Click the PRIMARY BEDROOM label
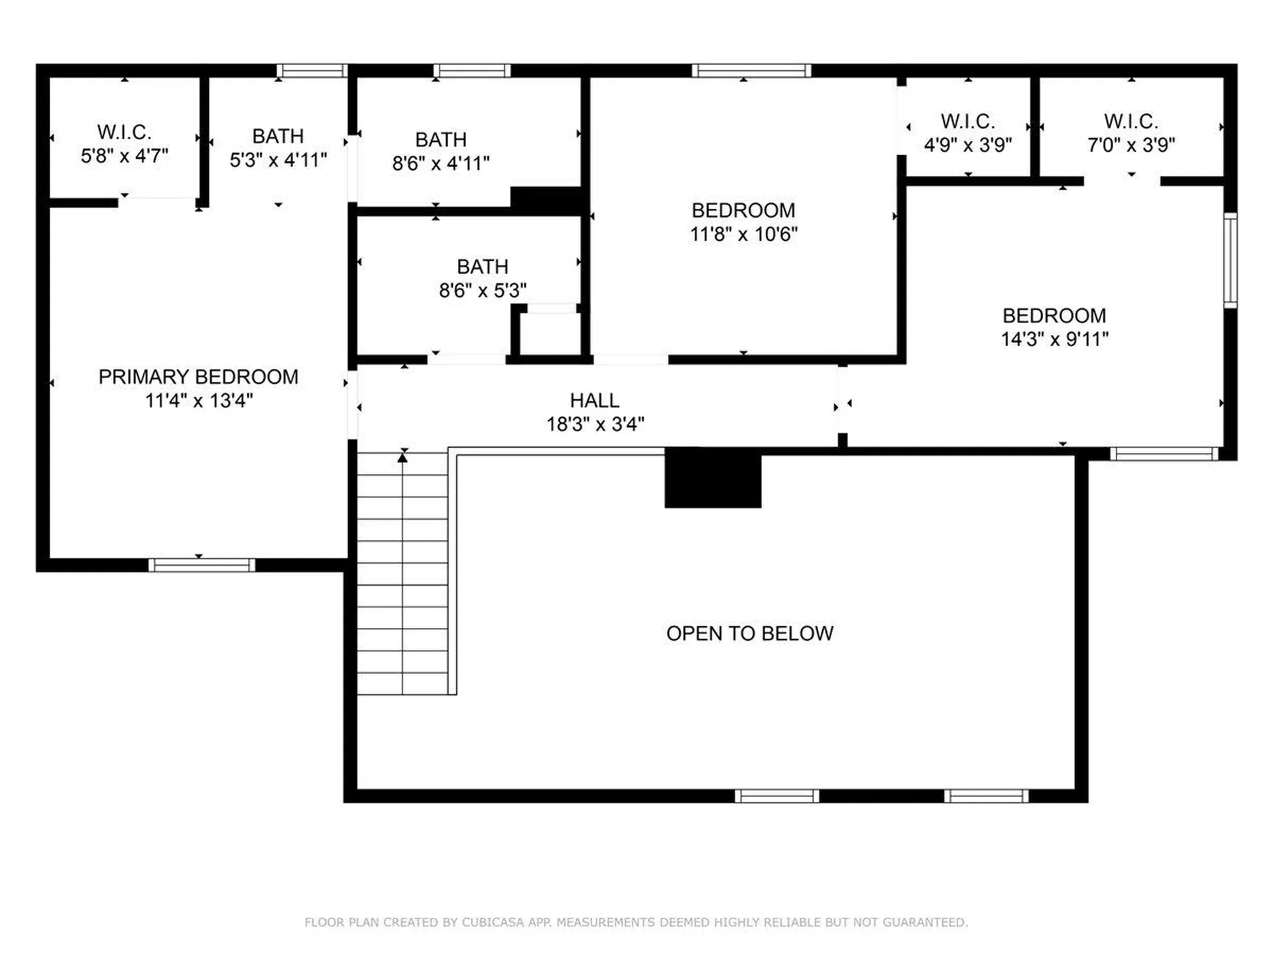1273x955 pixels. click(198, 377)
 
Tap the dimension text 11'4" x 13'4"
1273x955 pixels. click(199, 401)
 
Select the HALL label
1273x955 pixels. click(595, 401)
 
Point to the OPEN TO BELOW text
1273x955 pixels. click(749, 633)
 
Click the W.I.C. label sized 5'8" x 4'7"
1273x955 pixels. click(124, 132)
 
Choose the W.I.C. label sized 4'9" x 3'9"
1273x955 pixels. click(967, 121)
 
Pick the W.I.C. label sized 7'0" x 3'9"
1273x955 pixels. click(1130, 121)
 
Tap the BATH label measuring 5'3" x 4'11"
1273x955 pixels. click(278, 136)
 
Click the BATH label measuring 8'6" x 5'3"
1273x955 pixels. click(482, 267)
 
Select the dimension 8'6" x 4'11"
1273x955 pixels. click(441, 163)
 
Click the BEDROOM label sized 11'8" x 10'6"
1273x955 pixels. click(743, 210)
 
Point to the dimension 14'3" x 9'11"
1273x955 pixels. click(1054, 340)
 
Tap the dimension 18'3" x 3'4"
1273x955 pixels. click(595, 424)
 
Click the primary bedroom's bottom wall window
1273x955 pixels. click(202, 565)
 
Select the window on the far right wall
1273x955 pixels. click(1230, 260)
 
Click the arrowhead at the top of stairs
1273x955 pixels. click(402, 458)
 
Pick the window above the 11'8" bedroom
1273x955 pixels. click(751, 70)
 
